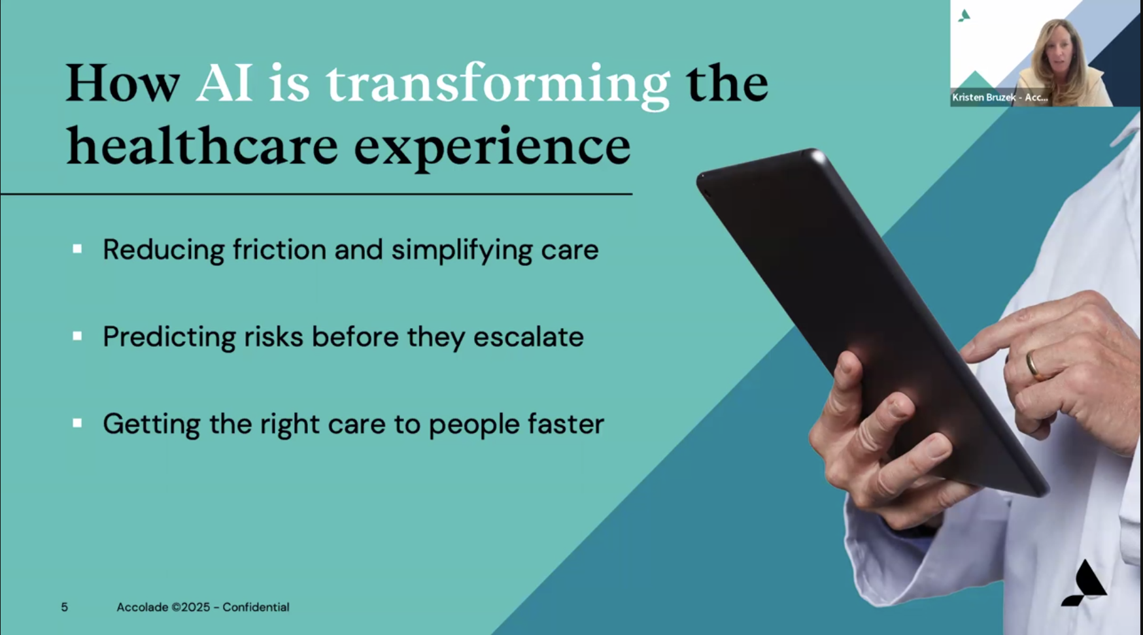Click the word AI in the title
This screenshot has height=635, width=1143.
coord(224,83)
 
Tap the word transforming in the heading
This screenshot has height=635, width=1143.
coord(498,86)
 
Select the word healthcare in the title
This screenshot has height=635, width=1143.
coord(203,145)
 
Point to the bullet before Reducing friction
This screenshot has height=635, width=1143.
coord(77,249)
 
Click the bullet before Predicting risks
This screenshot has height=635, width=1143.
coord(77,336)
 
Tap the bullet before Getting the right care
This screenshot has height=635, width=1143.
coord(77,423)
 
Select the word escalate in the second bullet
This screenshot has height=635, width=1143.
coord(528,337)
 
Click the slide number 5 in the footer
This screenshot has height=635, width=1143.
coord(64,608)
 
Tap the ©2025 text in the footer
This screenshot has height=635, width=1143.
coord(191,608)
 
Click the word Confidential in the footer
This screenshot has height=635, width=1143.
coord(256,608)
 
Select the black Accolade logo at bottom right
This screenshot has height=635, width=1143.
coord(1084,583)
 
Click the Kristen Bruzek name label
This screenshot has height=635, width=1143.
coord(1000,97)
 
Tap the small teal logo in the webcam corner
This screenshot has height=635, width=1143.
coord(964,16)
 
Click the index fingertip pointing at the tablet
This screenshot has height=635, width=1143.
coord(968,352)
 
